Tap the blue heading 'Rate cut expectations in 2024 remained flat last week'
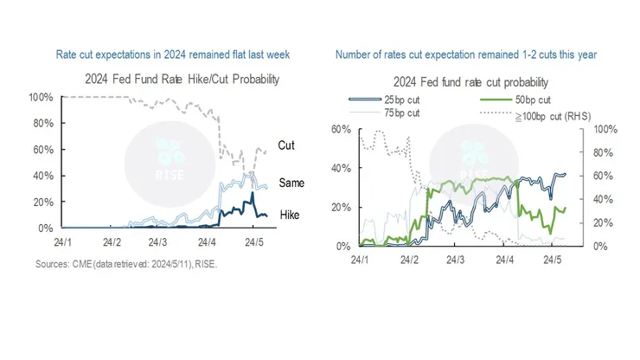point(173,55)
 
